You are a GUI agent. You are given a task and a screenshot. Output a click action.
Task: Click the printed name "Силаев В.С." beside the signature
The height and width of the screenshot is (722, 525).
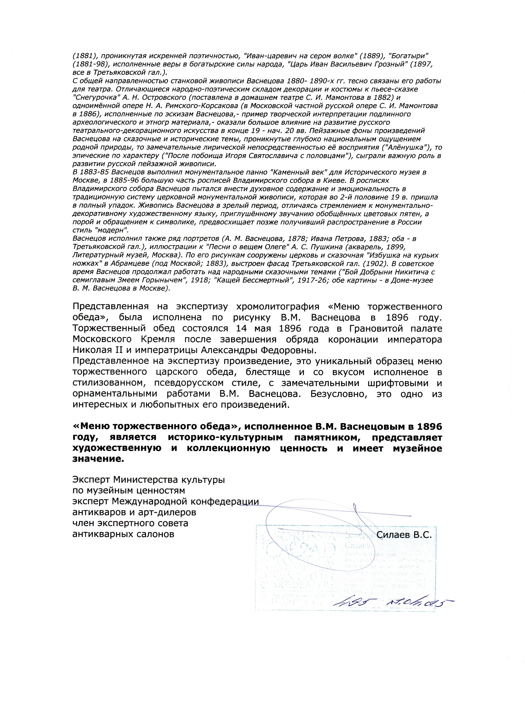404,535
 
